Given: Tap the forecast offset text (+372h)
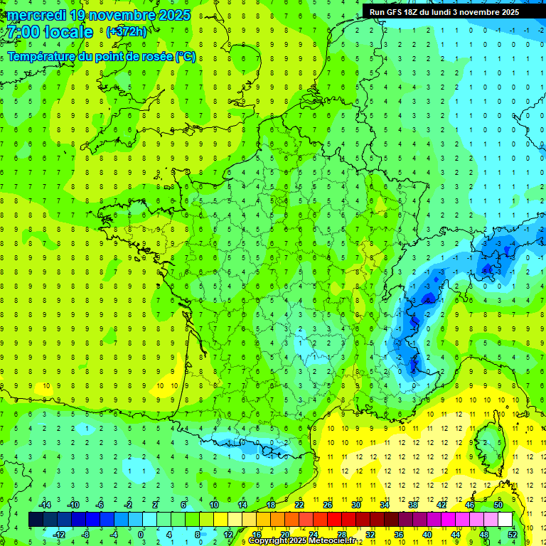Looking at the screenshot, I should [127, 32].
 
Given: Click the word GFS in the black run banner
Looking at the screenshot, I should [399, 12].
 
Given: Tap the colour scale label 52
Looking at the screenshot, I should [513, 534].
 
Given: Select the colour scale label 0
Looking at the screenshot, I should [141, 534].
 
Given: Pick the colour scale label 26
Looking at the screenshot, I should [328, 505].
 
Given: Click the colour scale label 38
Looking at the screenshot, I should [413, 505].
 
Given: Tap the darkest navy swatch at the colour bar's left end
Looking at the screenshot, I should [36, 520].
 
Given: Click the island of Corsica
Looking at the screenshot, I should [486, 444].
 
